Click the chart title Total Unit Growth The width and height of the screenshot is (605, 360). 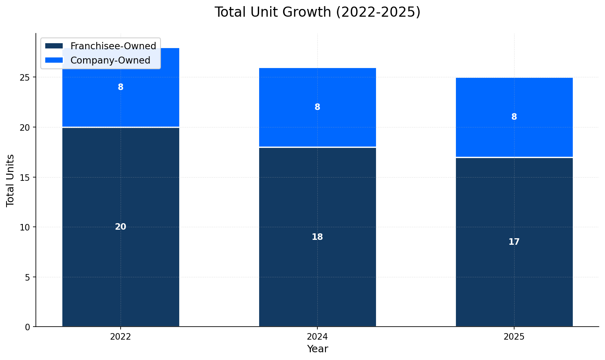point(317,12)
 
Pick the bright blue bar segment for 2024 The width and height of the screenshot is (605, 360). point(317,122)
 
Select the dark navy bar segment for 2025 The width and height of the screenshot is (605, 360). point(514,277)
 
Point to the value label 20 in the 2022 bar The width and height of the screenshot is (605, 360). point(121,227)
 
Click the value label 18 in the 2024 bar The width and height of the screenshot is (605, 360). point(317,237)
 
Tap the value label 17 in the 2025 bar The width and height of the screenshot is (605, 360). point(514,242)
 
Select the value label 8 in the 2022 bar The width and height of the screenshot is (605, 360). point(121,87)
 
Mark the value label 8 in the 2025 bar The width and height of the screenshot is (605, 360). point(514,117)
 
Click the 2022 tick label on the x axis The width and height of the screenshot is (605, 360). point(121,337)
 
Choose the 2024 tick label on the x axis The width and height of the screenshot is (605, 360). point(317,337)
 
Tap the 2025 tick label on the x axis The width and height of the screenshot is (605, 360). point(514,337)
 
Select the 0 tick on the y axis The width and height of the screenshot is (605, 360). point(27,327)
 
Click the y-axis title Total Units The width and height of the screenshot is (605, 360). point(11,180)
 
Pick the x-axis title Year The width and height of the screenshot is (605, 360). point(317,349)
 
